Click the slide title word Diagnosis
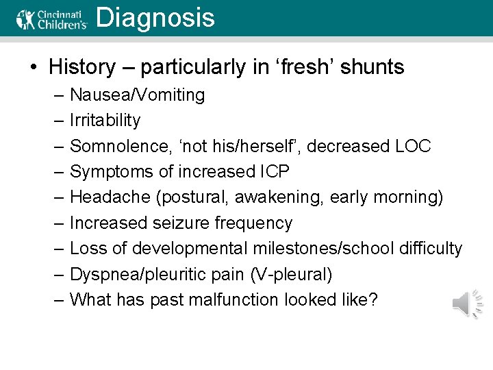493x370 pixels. [155, 18]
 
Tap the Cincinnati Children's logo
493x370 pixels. [52, 18]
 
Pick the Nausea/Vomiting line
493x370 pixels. [137, 95]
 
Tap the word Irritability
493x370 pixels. [105, 121]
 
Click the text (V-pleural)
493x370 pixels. [291, 275]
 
